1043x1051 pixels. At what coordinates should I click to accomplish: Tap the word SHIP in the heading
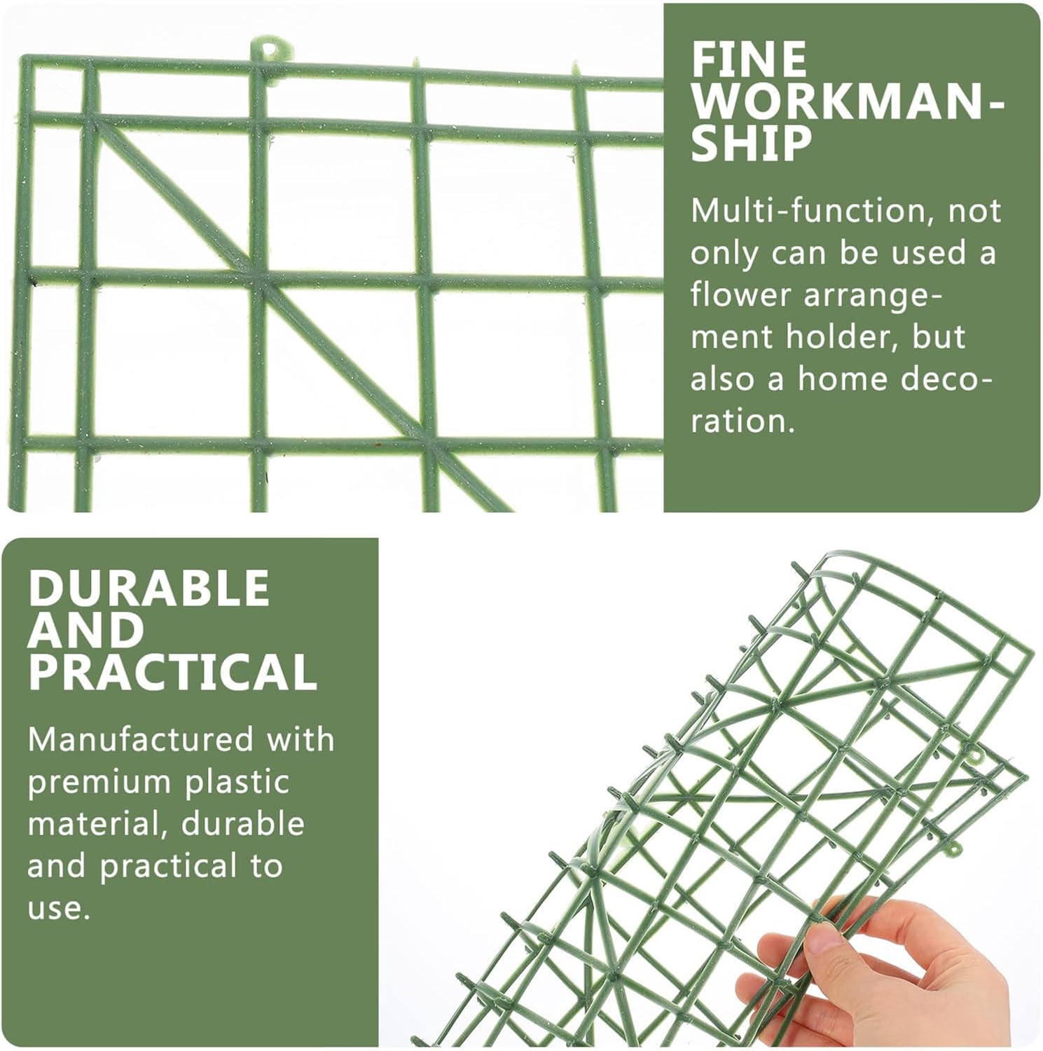click(x=751, y=144)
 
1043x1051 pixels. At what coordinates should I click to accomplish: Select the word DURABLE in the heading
click(x=149, y=587)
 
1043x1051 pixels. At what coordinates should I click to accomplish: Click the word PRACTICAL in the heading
click(x=172, y=673)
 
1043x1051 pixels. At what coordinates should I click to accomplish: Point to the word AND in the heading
click(x=85, y=630)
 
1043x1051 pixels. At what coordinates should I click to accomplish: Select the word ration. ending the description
click(x=742, y=422)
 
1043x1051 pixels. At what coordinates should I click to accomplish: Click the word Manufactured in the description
click(x=141, y=739)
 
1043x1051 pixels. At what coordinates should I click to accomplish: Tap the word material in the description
click(x=97, y=824)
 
